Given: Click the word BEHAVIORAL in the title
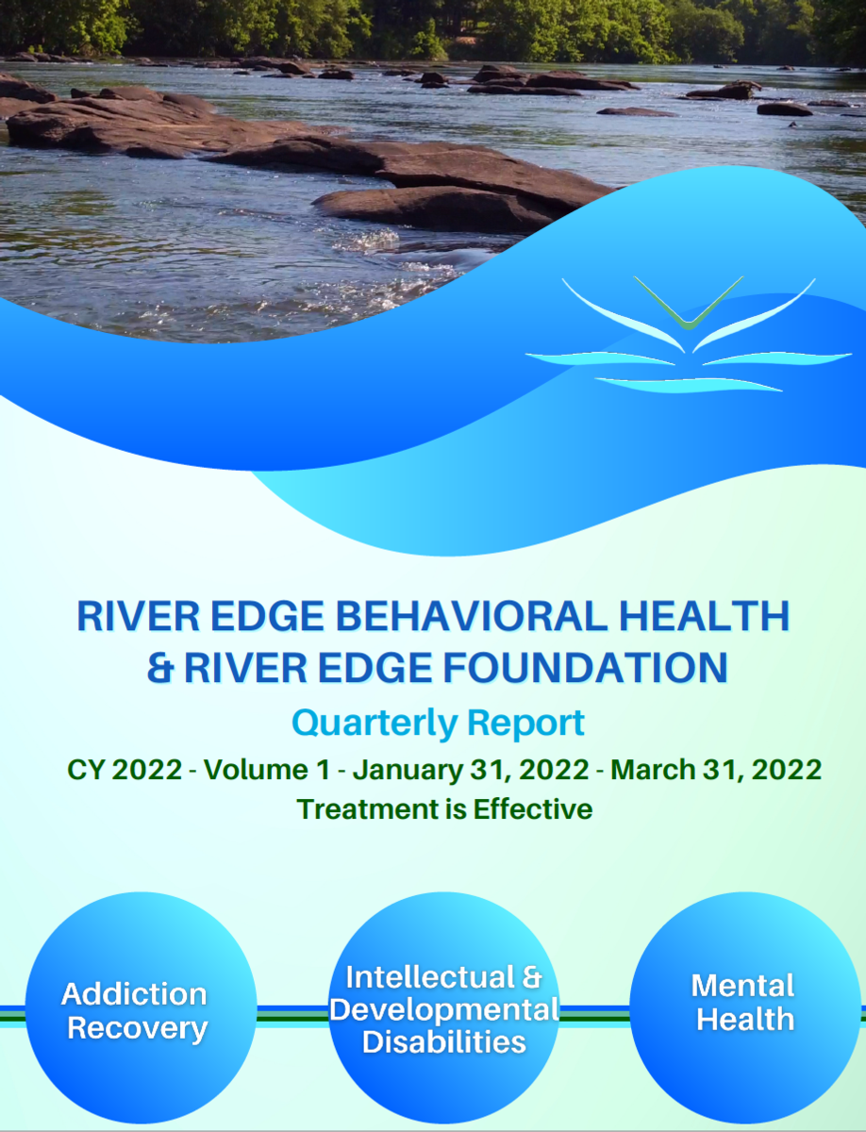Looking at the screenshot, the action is [x=472, y=615].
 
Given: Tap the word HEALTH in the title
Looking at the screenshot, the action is [x=705, y=615].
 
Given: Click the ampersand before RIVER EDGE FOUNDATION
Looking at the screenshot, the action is [x=158, y=668].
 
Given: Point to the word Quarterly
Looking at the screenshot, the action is [x=375, y=724].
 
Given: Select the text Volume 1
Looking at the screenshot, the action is [x=267, y=770].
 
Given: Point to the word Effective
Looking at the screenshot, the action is [x=533, y=809].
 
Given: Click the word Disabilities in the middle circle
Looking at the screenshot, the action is [x=444, y=1042].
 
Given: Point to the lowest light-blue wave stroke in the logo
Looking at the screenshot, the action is [x=689, y=385].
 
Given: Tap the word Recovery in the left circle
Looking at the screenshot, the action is [x=137, y=1028].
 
